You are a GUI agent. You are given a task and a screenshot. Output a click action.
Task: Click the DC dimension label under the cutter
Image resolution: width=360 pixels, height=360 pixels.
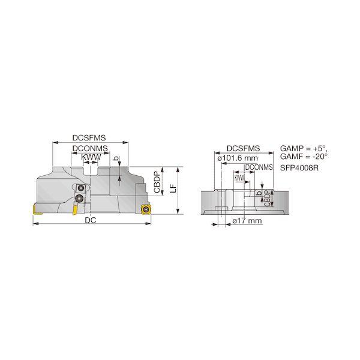coord(91,220)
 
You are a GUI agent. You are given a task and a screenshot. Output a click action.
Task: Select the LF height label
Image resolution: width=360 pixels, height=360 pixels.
coord(174,188)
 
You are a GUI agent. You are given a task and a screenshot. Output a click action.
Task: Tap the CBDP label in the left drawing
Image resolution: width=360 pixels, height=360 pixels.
coord(157,182)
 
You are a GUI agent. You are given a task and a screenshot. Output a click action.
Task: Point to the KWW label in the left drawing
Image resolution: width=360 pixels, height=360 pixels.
coord(91,157)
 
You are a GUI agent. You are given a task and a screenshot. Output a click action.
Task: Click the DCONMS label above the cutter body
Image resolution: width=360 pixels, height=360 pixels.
coord(90,148)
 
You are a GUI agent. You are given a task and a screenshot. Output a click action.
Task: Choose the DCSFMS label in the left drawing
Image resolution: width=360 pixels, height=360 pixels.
coord(89,138)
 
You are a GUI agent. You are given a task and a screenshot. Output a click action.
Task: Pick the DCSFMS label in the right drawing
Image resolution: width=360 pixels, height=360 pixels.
coord(244,149)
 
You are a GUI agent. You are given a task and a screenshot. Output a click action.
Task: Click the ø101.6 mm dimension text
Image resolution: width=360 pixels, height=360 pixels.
coord(238,158)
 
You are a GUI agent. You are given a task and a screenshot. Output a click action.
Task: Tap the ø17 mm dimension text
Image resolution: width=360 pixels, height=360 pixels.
coord(247,221)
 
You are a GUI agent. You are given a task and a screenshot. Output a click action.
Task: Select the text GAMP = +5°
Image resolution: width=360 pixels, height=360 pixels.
coord(304,148)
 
